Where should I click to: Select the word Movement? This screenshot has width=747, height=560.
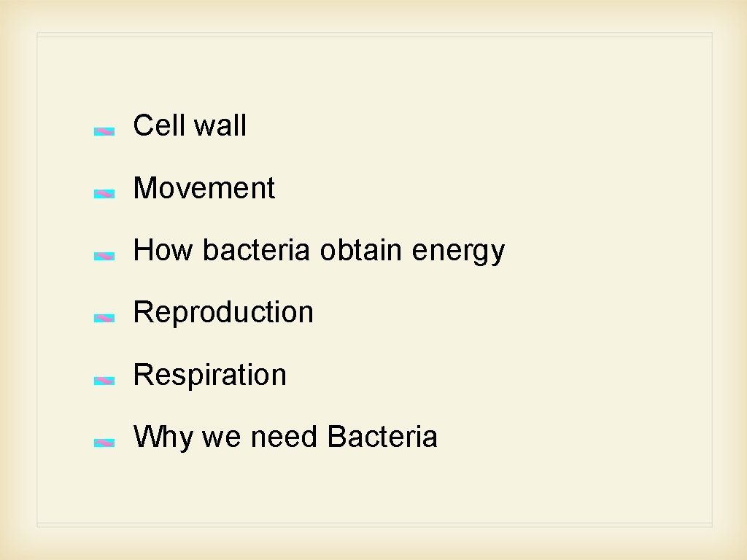point(204,188)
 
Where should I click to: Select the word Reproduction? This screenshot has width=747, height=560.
point(223,312)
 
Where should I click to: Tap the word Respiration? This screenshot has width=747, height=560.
point(210,375)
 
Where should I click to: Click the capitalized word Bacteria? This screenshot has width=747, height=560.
point(382,437)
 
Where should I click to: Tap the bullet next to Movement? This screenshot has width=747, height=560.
point(104,194)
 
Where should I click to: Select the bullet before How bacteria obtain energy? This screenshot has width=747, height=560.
point(104,257)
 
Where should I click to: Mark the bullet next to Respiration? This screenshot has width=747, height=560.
point(104,381)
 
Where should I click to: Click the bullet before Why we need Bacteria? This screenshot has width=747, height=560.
point(104,443)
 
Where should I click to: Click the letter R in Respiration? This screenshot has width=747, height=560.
point(142,375)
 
